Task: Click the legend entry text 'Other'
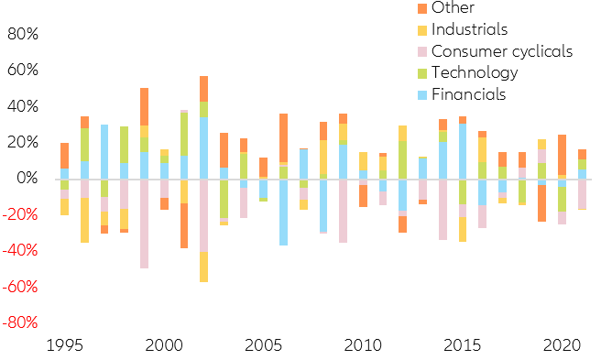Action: (x=453, y=8)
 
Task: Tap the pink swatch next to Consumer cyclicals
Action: (x=421, y=50)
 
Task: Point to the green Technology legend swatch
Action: (x=421, y=72)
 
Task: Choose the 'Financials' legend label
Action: (x=468, y=93)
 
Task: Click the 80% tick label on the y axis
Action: (x=24, y=34)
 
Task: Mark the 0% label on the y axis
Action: (x=29, y=178)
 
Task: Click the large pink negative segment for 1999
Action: (x=144, y=224)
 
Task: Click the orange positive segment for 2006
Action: (x=284, y=137)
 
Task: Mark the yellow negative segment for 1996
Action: (x=84, y=220)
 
